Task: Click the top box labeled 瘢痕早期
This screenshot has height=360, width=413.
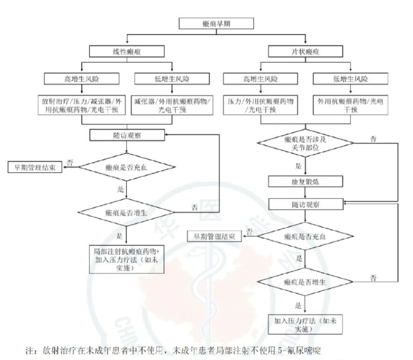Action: (217, 23)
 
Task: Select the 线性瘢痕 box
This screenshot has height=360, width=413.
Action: (127, 51)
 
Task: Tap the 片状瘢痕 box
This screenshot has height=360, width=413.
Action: (304, 51)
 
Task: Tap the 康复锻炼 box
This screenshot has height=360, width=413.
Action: (304, 180)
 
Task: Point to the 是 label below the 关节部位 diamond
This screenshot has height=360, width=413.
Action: (298, 167)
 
